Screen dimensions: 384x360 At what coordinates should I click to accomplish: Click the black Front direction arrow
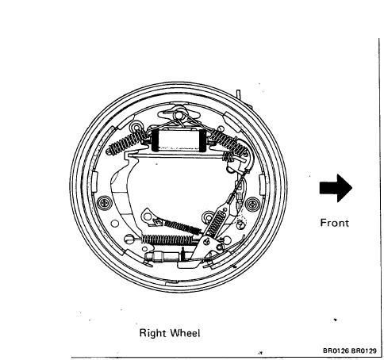336,188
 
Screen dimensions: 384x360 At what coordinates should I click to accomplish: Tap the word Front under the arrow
335,223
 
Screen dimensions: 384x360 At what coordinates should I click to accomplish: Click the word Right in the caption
153,333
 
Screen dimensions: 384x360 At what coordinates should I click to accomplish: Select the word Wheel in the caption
185,333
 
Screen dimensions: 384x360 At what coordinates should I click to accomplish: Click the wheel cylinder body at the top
179,140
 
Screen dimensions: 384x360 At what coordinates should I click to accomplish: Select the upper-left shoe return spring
128,143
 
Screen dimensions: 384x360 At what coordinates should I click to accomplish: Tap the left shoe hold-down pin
105,203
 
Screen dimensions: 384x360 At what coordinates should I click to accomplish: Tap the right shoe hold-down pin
252,204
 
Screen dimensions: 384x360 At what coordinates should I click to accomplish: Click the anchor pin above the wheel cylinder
179,115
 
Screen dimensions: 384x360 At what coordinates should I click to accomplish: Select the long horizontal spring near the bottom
167,239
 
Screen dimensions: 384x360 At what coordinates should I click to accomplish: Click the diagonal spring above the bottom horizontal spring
182,227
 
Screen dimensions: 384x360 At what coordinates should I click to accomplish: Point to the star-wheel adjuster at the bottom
165,256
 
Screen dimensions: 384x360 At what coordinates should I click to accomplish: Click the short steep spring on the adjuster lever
217,223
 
